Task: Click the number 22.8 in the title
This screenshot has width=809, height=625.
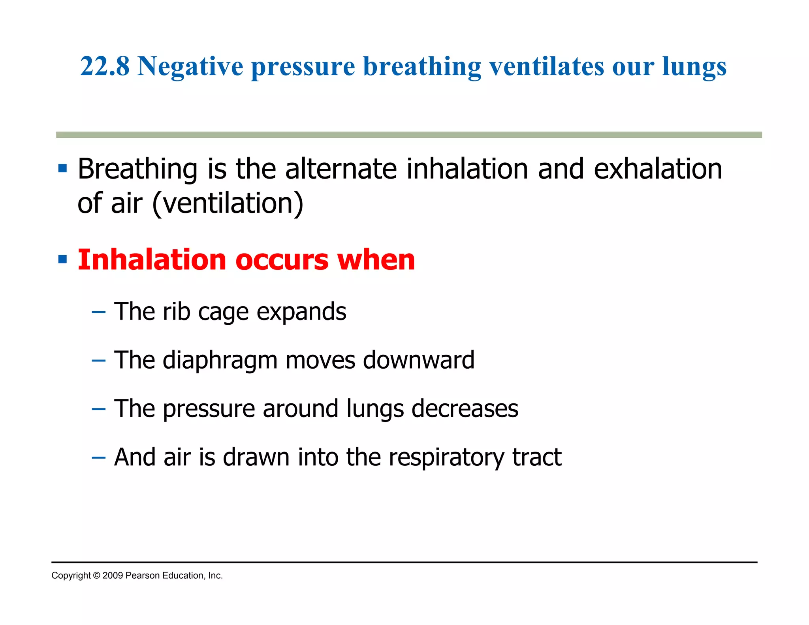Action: [105, 66]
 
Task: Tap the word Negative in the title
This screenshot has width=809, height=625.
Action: [190, 67]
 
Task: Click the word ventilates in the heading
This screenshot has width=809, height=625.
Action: [547, 66]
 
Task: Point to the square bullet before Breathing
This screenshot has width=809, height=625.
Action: [62, 169]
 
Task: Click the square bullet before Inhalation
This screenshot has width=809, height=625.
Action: [62, 260]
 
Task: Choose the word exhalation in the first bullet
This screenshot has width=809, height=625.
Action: [658, 169]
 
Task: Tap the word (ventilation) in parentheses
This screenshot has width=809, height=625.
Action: [228, 203]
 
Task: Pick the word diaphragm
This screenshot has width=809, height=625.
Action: [220, 361]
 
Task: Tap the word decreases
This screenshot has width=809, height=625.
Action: [465, 409]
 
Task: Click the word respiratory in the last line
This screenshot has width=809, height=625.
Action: [446, 458]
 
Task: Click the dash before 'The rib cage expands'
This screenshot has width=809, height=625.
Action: [98, 312]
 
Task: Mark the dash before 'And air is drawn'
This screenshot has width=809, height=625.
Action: [98, 458]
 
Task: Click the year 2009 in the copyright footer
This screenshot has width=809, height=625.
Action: [113, 576]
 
